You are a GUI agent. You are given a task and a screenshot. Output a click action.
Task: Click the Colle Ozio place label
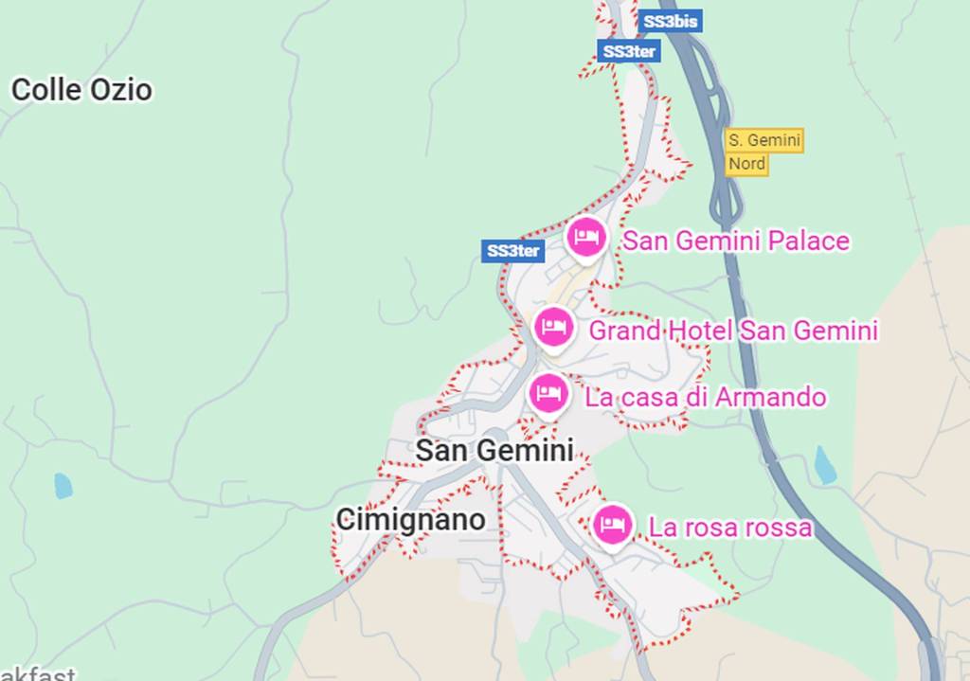(81, 90)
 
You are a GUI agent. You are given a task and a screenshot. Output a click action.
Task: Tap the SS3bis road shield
(671, 22)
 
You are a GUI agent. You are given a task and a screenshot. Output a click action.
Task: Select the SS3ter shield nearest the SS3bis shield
(628, 52)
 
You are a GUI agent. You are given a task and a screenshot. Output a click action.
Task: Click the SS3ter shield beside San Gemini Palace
(512, 251)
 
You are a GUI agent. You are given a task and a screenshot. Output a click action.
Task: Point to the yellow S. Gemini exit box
(763, 140)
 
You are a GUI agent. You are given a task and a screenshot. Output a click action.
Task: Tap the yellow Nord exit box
(746, 164)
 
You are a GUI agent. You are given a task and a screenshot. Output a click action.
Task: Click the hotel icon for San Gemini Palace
(585, 237)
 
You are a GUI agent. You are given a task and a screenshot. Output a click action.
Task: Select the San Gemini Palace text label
(735, 242)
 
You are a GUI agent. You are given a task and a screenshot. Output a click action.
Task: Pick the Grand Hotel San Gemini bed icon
(553, 328)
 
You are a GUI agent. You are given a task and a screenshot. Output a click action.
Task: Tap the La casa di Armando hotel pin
(548, 393)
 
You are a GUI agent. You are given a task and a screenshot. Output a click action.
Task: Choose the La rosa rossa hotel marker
(612, 524)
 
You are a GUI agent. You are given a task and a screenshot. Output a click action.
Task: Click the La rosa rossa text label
(729, 528)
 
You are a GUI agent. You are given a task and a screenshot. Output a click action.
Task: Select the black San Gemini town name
(494, 450)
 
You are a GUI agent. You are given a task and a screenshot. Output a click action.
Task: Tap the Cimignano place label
(410, 519)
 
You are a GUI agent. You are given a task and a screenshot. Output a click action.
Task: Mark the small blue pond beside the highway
(825, 466)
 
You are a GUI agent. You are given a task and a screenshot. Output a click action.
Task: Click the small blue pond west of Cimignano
(63, 486)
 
